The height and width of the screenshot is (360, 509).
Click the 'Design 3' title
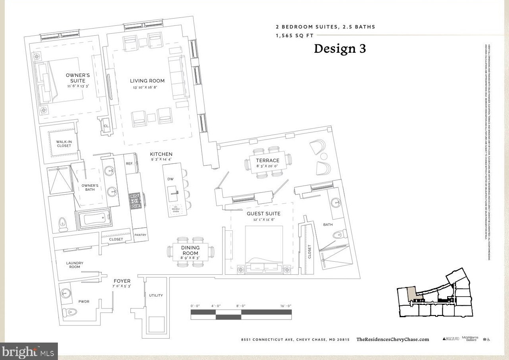pyautogui.click(x=340, y=48)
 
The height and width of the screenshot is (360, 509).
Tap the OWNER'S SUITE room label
pyautogui.click(x=78, y=78)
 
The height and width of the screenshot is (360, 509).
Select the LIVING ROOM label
pyautogui.click(x=147, y=81)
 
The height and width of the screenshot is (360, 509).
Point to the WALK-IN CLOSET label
pyautogui.click(x=64, y=144)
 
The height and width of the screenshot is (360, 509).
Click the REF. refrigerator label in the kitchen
pyautogui.click(x=130, y=163)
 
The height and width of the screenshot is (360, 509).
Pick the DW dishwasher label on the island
pyautogui.click(x=170, y=179)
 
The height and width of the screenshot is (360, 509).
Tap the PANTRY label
pyautogui.click(x=140, y=235)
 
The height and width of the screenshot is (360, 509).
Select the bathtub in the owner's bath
pyautogui.click(x=93, y=219)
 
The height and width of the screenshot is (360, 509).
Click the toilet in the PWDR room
pyautogui.click(x=72, y=312)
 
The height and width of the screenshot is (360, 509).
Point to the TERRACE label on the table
pyautogui.click(x=268, y=161)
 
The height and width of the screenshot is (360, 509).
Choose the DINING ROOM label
pyautogui.click(x=190, y=251)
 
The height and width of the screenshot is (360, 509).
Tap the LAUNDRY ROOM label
pyautogui.click(x=75, y=265)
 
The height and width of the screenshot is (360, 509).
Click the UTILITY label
pyautogui.click(x=156, y=295)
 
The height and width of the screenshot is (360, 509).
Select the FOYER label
pyautogui.click(x=122, y=281)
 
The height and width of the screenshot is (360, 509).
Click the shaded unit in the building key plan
pyautogui.click(x=412, y=294)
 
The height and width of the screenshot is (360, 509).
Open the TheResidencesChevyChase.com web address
pyautogui.click(x=392, y=339)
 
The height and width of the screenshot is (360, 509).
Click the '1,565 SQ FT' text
pyautogui.click(x=295, y=36)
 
